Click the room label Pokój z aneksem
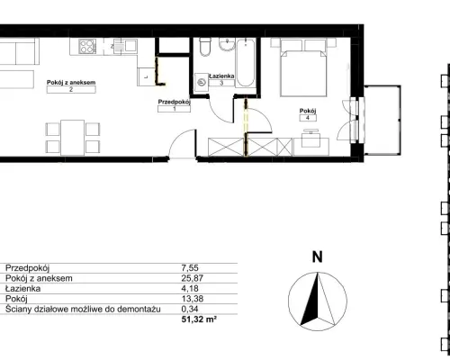71,82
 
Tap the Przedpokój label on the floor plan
175,102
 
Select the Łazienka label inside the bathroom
221,76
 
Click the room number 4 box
308,118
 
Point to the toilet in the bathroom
205,47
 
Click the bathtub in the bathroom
246,62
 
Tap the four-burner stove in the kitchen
87,47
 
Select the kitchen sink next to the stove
125,47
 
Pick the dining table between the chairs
73,138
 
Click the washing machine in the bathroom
202,82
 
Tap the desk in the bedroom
311,147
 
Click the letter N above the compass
318,257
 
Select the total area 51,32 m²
199,319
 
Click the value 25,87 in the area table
193,278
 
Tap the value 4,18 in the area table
190,288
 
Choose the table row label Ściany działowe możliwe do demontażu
83,309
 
